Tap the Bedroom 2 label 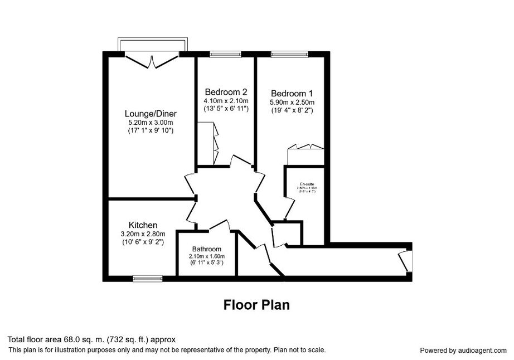[x=226, y=92]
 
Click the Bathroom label [x=207, y=249]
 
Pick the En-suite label [x=307, y=184]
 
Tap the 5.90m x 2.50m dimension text [x=292, y=103]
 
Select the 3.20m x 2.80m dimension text [x=143, y=234]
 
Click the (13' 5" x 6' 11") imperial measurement [x=226, y=108]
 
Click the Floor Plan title [x=256, y=305]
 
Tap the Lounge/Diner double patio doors [x=152, y=59]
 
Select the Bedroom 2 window [x=225, y=54]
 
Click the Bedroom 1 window [x=289, y=54]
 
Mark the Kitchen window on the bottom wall [x=147, y=277]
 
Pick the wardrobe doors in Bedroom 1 [x=305, y=147]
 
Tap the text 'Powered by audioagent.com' [x=463, y=351]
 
